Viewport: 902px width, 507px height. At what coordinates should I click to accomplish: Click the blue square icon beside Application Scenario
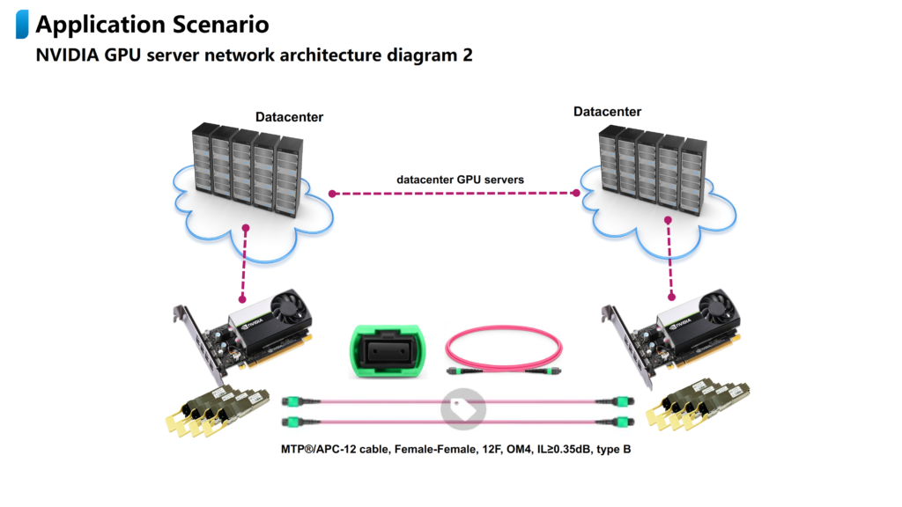pos(22,26)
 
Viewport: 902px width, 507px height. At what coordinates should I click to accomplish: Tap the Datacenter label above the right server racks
pos(607,112)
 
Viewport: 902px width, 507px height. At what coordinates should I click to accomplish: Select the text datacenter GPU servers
pos(460,180)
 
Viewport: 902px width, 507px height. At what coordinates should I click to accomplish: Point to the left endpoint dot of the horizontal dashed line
pos(332,192)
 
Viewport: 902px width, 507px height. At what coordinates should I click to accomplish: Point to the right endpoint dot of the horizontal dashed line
pos(578,192)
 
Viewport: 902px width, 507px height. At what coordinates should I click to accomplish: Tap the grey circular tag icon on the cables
pos(462,408)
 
